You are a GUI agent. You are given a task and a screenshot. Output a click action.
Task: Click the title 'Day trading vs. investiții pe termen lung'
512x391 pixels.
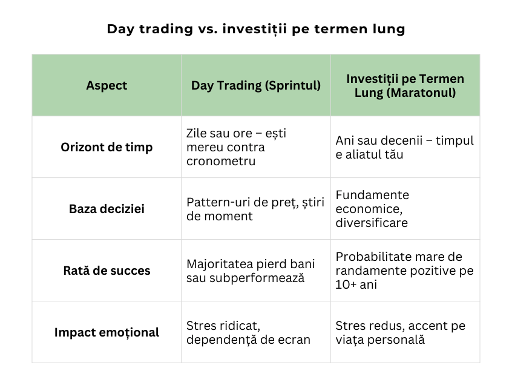tap(255, 29)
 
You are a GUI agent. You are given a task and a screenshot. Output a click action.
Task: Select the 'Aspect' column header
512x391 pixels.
tap(107, 85)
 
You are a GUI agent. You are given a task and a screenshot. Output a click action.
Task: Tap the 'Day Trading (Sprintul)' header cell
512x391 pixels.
tap(256, 85)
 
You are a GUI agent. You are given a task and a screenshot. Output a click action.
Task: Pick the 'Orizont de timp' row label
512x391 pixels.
tap(107, 147)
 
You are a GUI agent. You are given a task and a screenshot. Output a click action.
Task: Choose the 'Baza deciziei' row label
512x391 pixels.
tap(107, 209)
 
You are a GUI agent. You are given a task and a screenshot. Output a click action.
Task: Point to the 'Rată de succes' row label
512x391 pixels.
tap(107, 271)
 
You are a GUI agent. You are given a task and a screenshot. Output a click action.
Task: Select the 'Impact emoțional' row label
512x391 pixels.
tap(107, 332)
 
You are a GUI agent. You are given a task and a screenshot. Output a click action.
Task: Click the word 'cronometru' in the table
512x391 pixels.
tap(221, 161)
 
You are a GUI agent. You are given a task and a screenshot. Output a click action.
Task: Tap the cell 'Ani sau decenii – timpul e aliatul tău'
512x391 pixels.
tap(404, 147)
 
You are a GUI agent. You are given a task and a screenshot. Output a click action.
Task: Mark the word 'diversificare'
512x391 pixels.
tap(372, 223)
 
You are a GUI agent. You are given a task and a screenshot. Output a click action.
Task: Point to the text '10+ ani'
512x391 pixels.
tap(356, 284)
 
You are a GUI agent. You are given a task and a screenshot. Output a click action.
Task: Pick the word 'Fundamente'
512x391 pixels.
tap(372, 195)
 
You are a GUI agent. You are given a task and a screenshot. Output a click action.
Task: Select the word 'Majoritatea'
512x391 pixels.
tap(222, 264)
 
